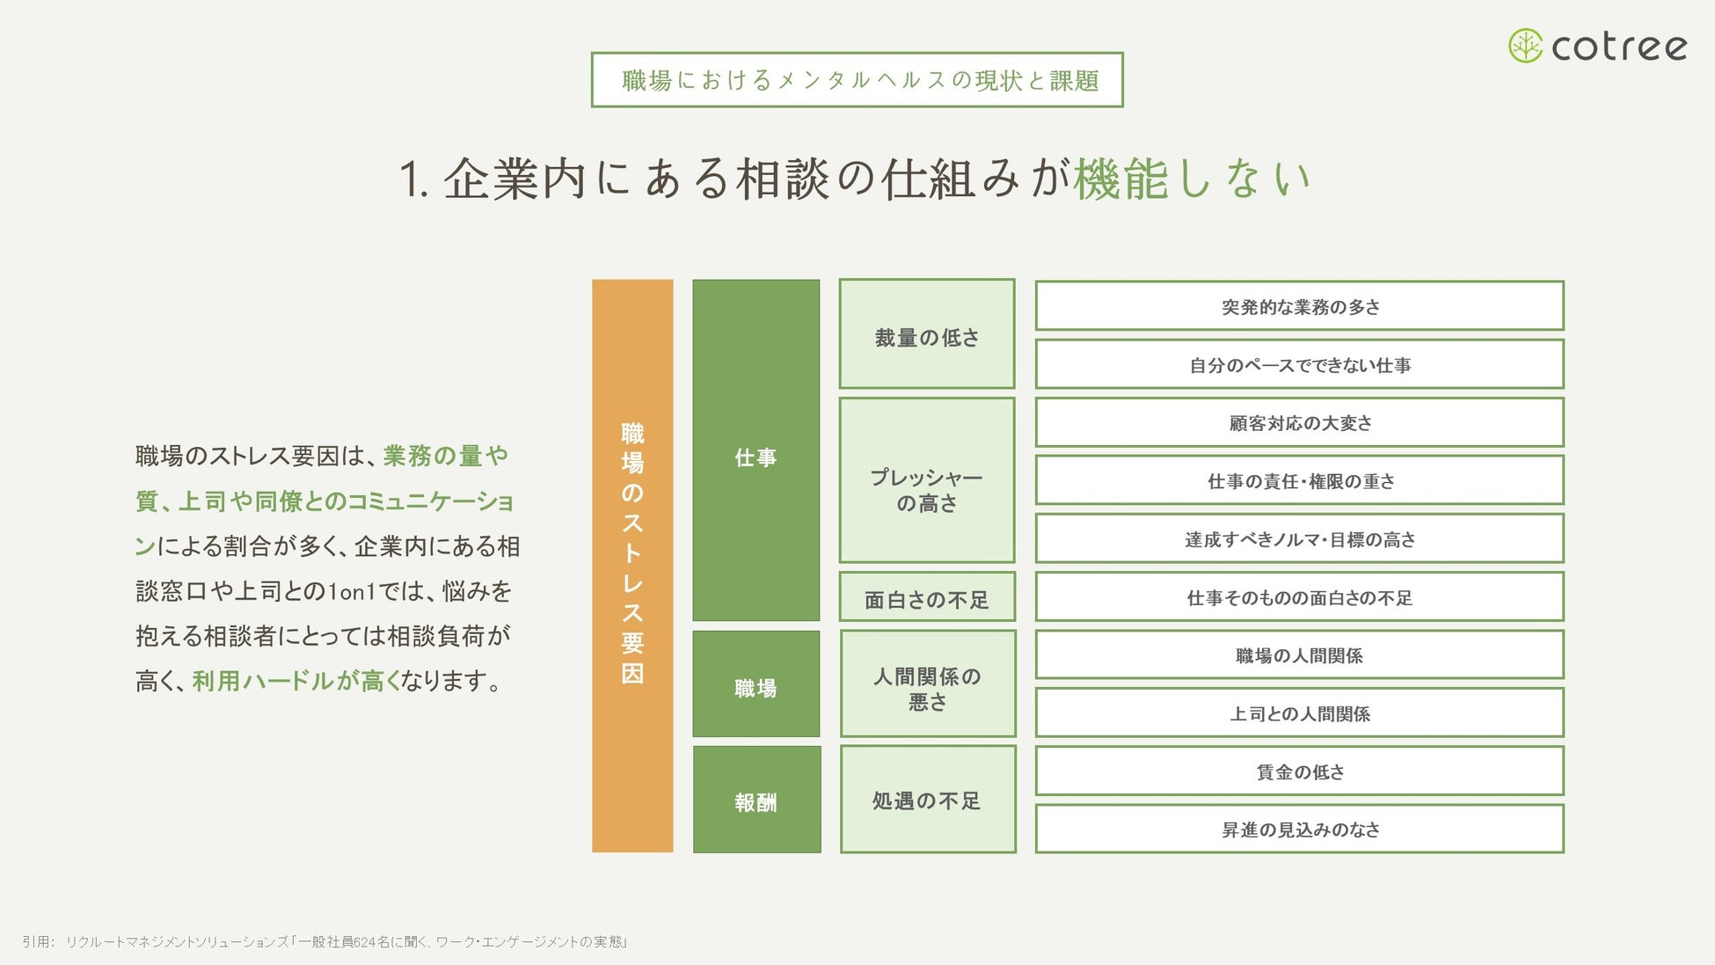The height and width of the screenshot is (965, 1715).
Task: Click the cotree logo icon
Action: pos(1525,46)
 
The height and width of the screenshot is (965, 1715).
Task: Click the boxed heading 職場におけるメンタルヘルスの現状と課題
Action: pos(857,80)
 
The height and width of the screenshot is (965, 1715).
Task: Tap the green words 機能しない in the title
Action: pos(1192,179)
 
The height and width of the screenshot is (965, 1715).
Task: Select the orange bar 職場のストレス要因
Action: pos(632,566)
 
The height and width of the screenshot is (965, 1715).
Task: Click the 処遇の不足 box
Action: pos(927,800)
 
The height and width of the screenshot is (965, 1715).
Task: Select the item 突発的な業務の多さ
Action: pos(1299,306)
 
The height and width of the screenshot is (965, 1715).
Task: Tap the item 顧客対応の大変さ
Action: pos(1299,422)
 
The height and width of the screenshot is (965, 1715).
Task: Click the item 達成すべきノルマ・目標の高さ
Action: pos(1299,538)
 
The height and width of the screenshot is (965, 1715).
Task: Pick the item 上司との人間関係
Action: pos(1299,713)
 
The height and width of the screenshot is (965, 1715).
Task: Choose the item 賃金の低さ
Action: pos(1299,771)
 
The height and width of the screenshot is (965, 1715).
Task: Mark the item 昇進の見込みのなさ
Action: pos(1299,829)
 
